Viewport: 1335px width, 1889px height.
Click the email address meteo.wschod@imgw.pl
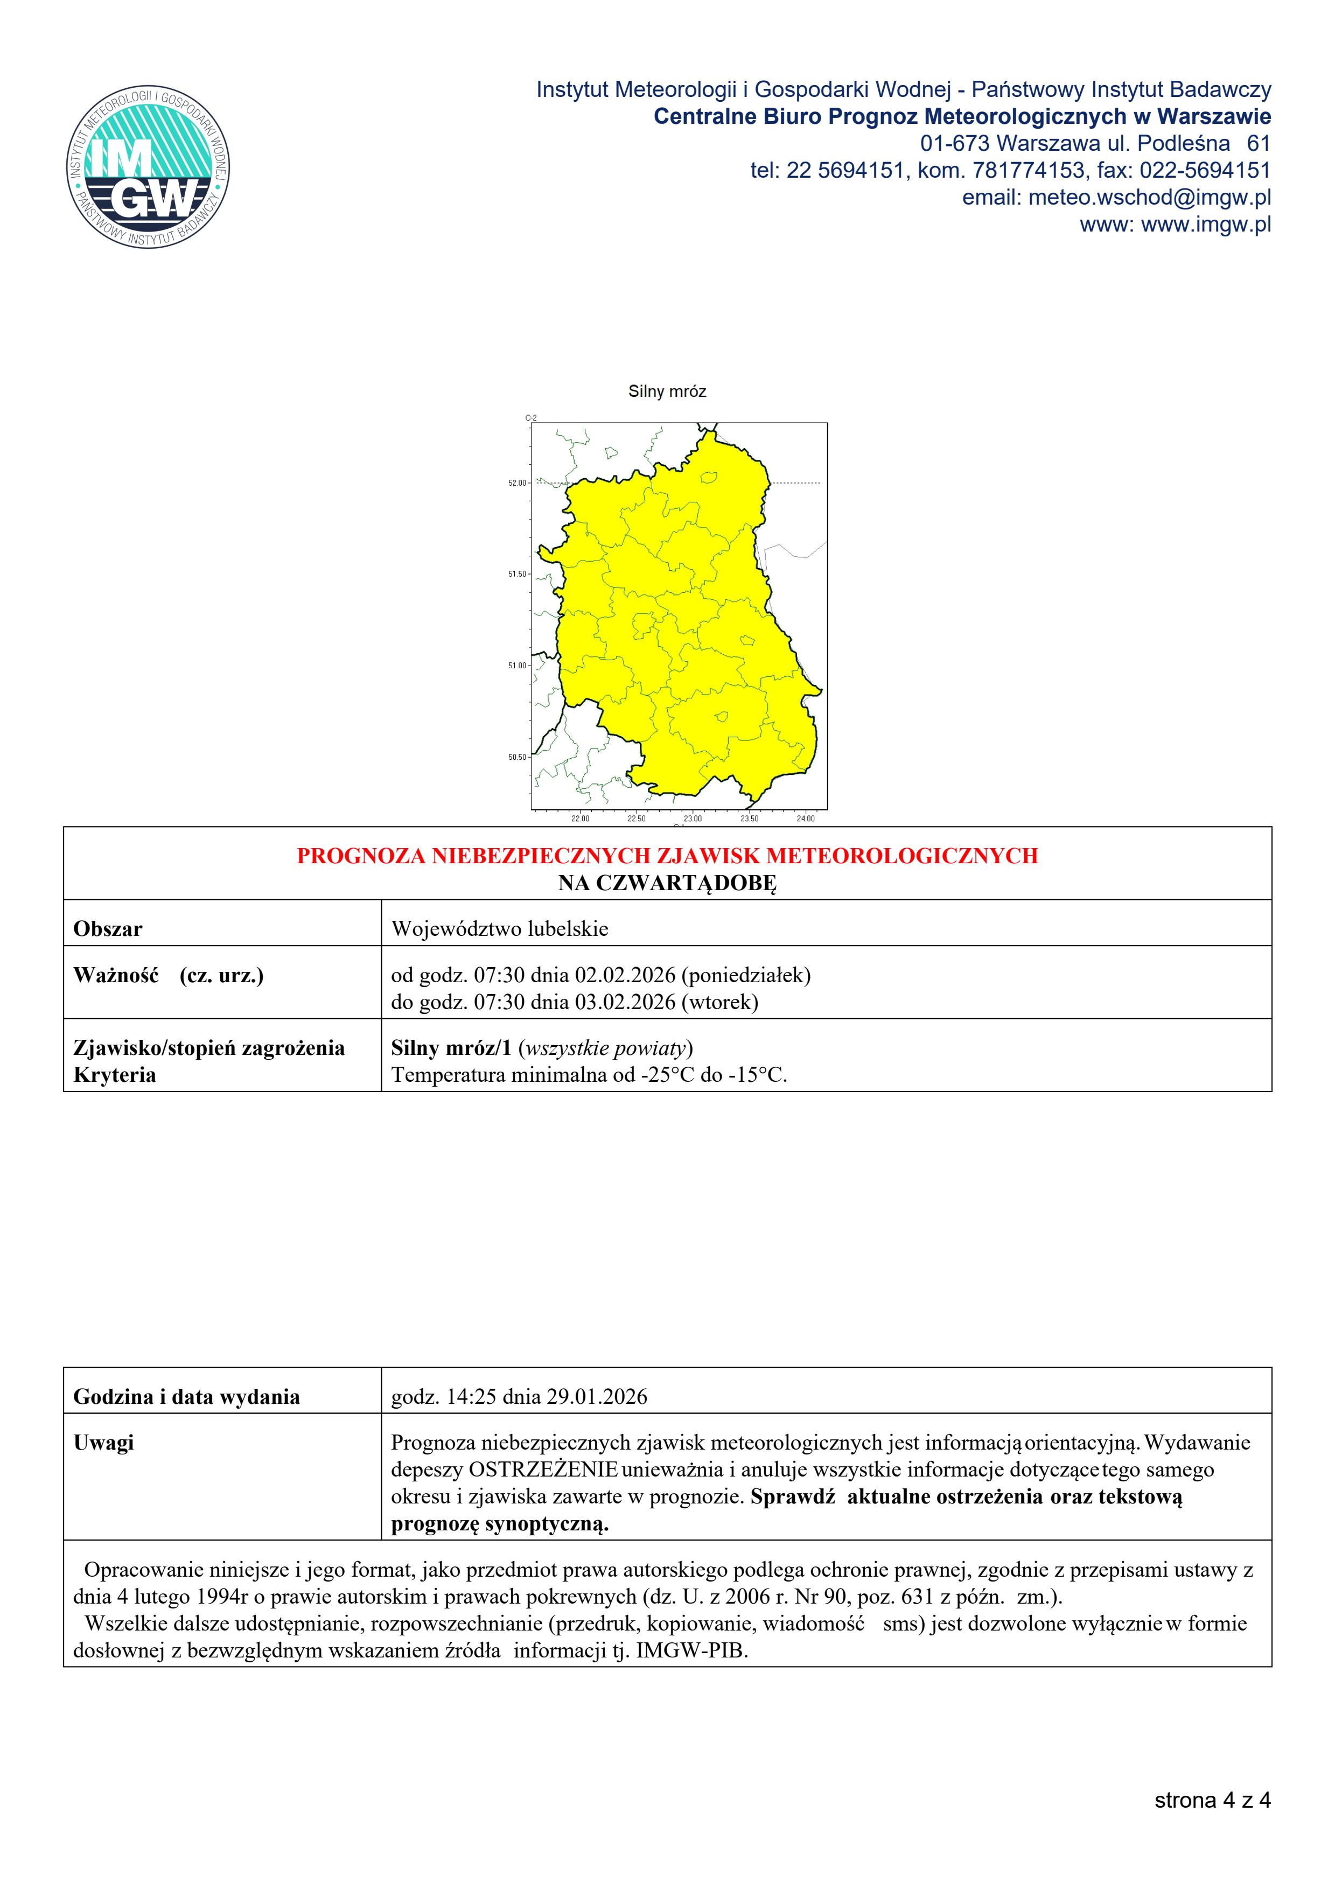1149,198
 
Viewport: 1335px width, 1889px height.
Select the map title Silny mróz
667,391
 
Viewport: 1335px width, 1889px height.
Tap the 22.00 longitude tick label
580,818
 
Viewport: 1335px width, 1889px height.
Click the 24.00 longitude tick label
805,818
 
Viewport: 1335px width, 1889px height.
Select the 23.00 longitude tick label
693,818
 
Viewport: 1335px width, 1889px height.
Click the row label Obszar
108,929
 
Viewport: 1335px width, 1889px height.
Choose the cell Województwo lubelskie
499,929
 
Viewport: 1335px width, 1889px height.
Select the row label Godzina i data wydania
187,1396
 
